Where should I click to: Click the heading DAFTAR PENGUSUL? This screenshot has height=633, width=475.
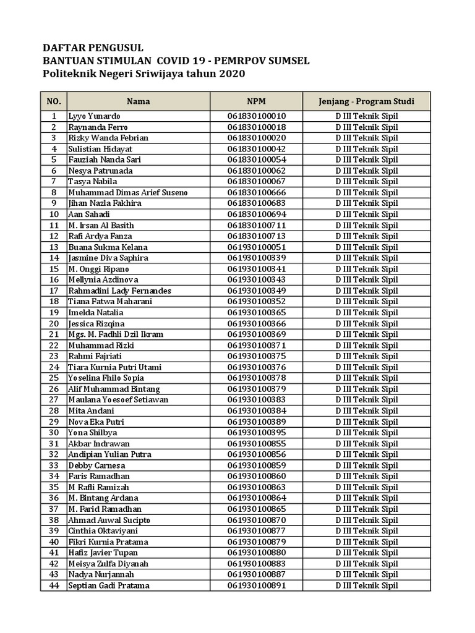tap(92, 48)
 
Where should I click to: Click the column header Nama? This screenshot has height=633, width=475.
tap(139, 101)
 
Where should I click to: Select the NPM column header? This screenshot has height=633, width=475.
tap(256, 101)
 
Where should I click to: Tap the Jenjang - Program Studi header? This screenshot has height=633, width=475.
tap(367, 101)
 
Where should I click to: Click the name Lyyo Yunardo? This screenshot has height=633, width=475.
tap(95, 116)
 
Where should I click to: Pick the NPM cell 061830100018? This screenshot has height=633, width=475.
tap(256, 127)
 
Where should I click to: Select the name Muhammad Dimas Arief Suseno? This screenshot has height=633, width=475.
tap(128, 193)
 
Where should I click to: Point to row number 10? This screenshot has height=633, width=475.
tap(54, 215)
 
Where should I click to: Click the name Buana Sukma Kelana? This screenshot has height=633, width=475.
tap(104, 247)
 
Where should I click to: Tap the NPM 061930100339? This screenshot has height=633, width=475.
tap(256, 258)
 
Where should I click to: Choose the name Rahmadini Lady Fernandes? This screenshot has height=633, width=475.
tap(120, 291)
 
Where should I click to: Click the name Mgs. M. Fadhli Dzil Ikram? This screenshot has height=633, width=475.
tap(116, 334)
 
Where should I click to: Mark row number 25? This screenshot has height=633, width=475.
tap(54, 378)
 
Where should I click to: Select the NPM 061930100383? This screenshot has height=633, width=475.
tap(256, 400)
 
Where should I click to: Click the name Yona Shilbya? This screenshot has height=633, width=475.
tap(93, 433)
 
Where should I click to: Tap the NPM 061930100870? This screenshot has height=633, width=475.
tap(256, 520)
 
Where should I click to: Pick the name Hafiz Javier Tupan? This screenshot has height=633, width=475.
tap(103, 553)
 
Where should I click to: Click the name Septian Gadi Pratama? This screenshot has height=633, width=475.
tap(109, 585)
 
